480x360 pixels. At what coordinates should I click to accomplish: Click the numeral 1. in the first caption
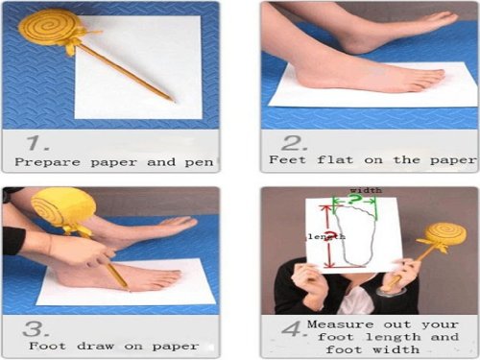(x=37, y=143)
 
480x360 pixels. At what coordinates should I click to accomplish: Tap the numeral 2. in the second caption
(x=294, y=143)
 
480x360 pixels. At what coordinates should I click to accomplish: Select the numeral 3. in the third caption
(x=36, y=329)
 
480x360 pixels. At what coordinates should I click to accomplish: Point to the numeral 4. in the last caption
(x=294, y=329)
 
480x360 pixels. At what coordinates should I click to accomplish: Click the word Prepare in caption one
(x=47, y=162)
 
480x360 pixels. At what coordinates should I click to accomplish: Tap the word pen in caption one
(x=199, y=162)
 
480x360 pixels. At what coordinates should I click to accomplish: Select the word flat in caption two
(x=335, y=159)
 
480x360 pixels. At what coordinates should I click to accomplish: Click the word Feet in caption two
(x=287, y=159)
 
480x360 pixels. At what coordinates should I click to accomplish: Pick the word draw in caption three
(x=95, y=346)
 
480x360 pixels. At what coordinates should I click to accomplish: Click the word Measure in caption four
(x=340, y=324)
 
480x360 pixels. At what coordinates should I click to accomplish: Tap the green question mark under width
(x=354, y=200)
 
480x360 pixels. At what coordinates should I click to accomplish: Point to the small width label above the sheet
(x=366, y=190)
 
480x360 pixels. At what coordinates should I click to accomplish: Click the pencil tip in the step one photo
(x=174, y=101)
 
